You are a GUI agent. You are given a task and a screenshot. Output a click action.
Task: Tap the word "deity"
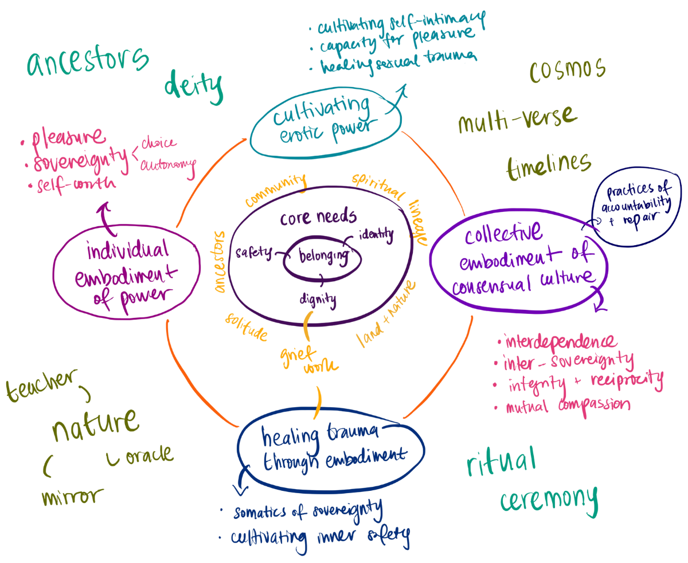[x=193, y=86]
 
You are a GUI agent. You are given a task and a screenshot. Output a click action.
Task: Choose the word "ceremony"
[x=548, y=499]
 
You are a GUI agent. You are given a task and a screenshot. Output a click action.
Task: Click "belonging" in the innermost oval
[x=320, y=258]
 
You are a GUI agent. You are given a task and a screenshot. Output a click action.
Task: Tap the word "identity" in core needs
[x=376, y=234]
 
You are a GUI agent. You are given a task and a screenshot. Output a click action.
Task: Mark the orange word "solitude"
[x=246, y=326]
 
